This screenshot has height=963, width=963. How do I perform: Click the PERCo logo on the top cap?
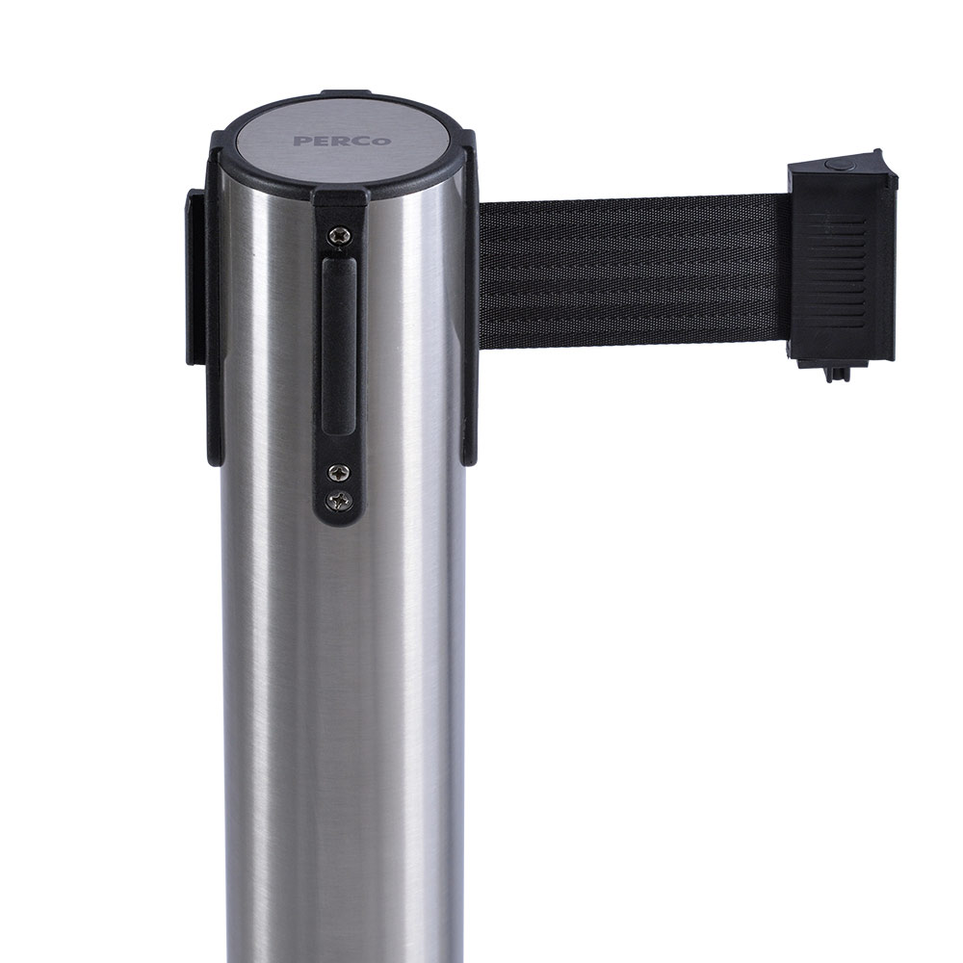[342, 141]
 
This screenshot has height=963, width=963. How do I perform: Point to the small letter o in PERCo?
[384, 142]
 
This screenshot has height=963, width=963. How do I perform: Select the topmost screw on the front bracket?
[338, 234]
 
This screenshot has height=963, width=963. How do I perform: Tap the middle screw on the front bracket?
[338, 472]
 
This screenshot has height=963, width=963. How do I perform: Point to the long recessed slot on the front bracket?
[339, 347]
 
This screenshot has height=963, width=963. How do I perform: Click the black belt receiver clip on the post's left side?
[196, 276]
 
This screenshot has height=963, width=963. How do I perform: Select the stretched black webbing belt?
[633, 273]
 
